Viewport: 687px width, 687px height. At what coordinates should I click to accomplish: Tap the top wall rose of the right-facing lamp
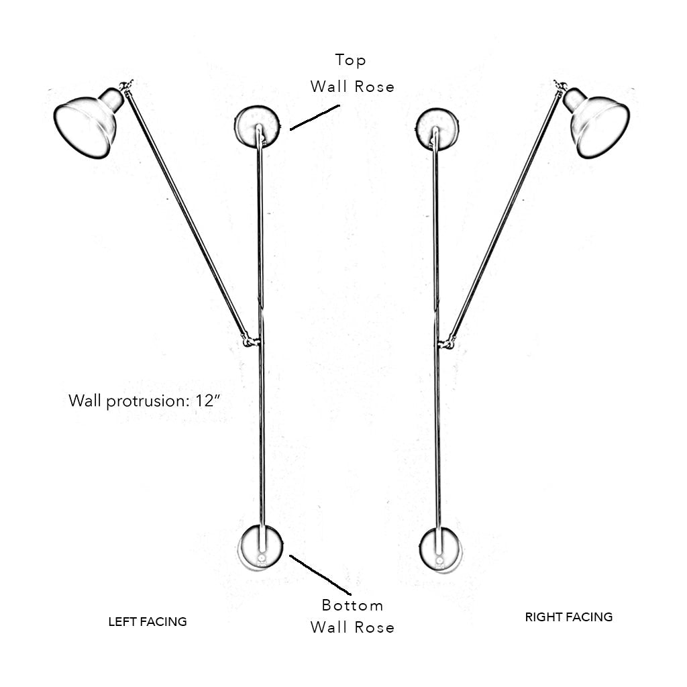(x=437, y=129)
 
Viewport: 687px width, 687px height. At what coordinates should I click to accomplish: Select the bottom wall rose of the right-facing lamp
(x=440, y=549)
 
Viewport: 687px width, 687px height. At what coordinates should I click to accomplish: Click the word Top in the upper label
(x=350, y=60)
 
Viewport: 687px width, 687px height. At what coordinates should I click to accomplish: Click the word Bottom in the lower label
(x=352, y=606)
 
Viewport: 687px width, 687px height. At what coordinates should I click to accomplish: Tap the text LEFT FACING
(x=148, y=622)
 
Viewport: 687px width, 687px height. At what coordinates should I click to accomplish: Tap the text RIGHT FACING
(x=569, y=617)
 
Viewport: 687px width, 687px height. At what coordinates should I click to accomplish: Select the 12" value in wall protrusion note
(x=208, y=400)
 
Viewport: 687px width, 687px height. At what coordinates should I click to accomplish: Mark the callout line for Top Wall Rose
(x=315, y=117)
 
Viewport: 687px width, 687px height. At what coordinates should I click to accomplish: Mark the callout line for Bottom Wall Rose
(x=320, y=575)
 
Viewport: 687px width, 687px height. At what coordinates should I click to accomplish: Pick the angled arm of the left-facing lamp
(x=187, y=213)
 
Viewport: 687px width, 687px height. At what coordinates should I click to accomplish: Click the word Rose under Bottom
(x=374, y=627)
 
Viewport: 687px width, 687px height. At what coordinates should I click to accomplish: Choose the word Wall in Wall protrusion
(x=85, y=401)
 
